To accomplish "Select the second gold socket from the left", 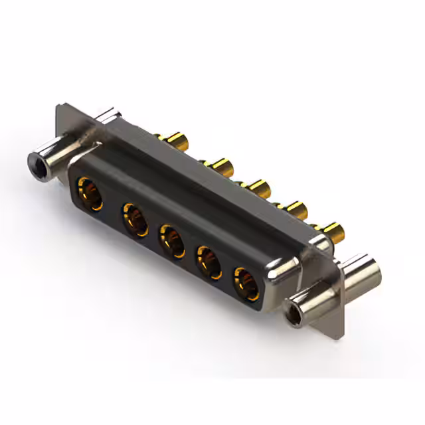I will (135, 220).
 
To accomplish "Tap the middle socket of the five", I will (171, 242).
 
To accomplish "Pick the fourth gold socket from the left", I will (209, 262).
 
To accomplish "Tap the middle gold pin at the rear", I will (256, 187).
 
